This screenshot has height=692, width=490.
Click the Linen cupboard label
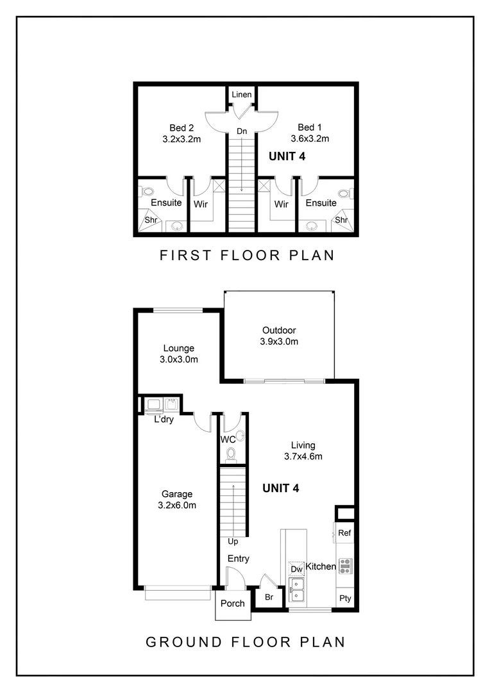click(x=242, y=95)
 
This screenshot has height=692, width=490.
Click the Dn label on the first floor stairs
click(x=242, y=131)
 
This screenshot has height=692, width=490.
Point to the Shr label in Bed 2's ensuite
click(x=151, y=220)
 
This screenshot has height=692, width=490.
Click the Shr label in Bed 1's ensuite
click(x=341, y=220)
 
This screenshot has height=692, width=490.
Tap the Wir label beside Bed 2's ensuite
click(x=199, y=204)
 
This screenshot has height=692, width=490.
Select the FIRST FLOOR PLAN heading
click(x=247, y=256)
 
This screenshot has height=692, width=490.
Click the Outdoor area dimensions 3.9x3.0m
click(x=279, y=342)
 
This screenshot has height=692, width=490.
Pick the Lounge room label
click(x=178, y=349)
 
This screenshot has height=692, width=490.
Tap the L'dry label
click(x=165, y=420)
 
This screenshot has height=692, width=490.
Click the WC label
click(x=228, y=440)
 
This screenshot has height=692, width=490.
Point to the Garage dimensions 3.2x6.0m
click(x=176, y=505)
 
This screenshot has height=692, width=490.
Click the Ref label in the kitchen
click(x=344, y=533)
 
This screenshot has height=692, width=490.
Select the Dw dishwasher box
click(x=296, y=569)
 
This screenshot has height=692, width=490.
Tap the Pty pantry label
click(x=345, y=598)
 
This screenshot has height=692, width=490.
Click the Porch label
click(x=232, y=604)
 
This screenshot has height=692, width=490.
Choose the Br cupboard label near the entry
click(x=269, y=597)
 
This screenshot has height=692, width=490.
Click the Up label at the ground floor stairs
click(x=233, y=542)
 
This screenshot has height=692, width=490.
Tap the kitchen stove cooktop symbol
click(x=345, y=565)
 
